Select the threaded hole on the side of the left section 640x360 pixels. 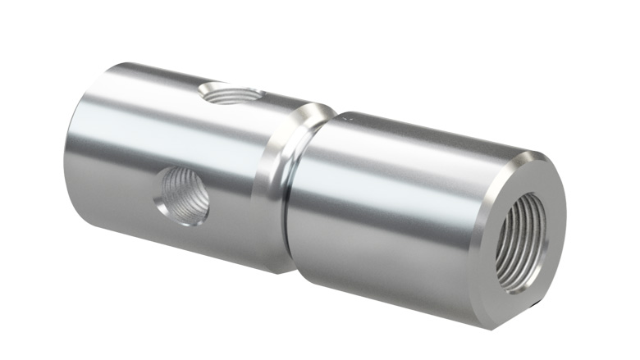coord(181,194)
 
